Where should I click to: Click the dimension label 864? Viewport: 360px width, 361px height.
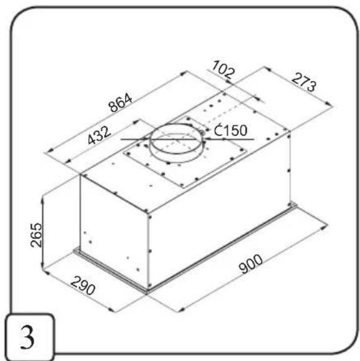coord(121,103)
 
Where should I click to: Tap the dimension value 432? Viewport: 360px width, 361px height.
coord(99,135)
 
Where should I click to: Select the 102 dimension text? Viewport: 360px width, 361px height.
coord(223,69)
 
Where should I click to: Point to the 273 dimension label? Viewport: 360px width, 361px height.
coord(304,82)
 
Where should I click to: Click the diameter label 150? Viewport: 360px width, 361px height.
coord(231,130)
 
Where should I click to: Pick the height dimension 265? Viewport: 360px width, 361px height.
coord(37,235)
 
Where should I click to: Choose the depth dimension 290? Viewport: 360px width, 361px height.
coord(83,286)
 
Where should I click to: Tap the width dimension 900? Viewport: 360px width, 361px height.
coord(251,264)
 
